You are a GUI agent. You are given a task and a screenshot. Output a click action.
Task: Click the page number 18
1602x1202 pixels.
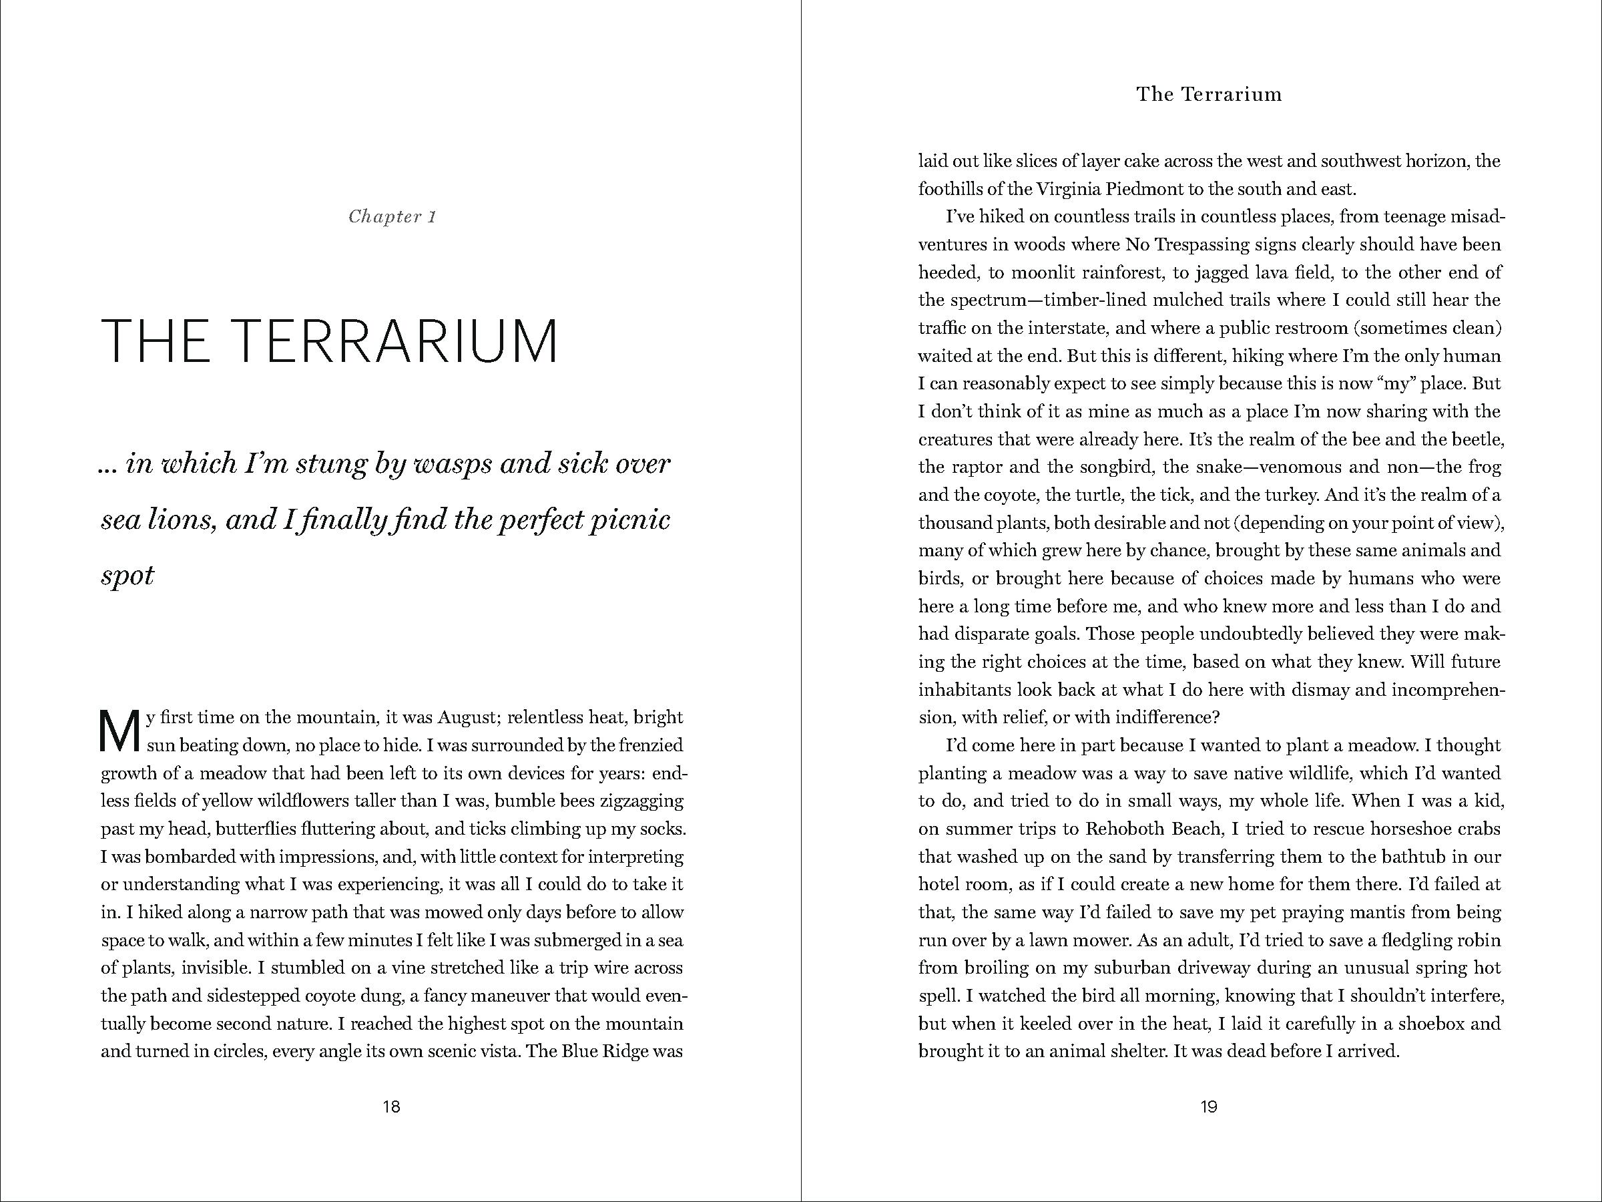tap(391, 1107)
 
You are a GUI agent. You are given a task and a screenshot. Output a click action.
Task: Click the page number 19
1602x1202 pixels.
tap(1209, 1107)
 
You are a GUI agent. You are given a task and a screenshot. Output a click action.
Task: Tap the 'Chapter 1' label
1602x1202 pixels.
tap(392, 216)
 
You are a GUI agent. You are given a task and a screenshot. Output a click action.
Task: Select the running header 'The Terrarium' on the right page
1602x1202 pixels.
tap(1209, 94)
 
